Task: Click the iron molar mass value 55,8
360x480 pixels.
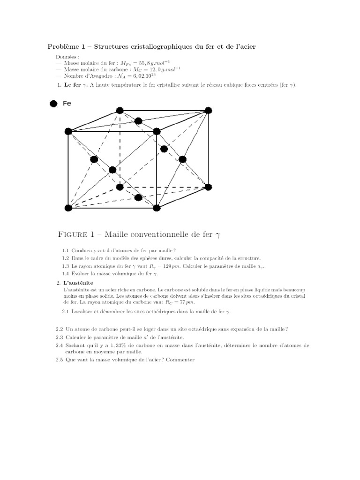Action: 139,63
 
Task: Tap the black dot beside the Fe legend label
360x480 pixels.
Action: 53,104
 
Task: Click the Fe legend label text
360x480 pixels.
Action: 67,104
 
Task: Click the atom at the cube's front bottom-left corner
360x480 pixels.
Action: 68,208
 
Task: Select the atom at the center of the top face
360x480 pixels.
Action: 138,121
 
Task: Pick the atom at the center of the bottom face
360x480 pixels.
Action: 138,197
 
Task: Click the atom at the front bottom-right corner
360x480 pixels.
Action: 157,208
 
